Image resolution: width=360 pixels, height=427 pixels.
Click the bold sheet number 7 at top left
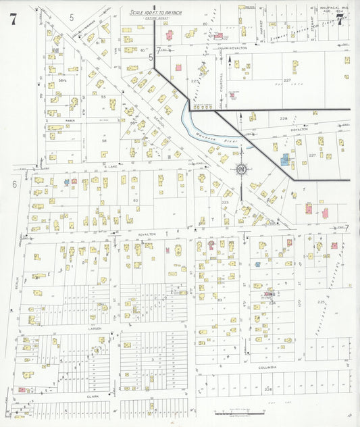(13, 18)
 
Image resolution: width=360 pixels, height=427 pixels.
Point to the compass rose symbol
(241, 169)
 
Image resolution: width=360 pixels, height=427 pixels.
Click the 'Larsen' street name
(94, 328)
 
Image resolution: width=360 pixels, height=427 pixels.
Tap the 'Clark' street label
(93, 396)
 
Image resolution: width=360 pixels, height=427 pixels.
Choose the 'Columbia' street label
(267, 367)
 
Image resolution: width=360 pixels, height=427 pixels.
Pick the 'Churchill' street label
(222, 81)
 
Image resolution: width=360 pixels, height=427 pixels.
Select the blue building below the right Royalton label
(286, 160)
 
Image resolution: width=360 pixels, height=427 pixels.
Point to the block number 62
(135, 201)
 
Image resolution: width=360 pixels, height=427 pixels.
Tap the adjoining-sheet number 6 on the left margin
(13, 184)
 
